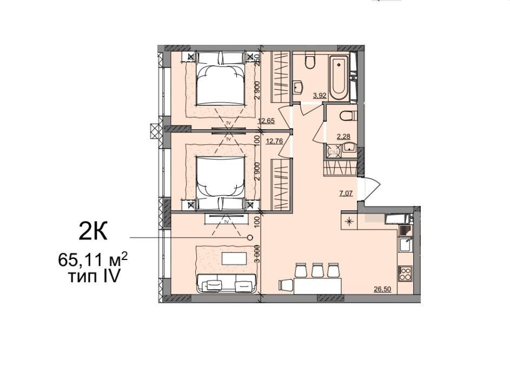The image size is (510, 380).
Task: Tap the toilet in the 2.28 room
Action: click(348, 115)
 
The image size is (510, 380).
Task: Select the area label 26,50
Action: click(382, 289)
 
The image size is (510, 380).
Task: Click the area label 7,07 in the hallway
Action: click(346, 194)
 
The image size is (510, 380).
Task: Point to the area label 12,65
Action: click(266, 121)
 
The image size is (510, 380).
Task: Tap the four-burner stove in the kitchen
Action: click(405, 273)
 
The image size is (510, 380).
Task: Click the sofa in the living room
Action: click(226, 282)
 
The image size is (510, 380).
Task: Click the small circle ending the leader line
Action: click(249, 237)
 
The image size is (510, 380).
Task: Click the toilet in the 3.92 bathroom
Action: click(310, 61)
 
